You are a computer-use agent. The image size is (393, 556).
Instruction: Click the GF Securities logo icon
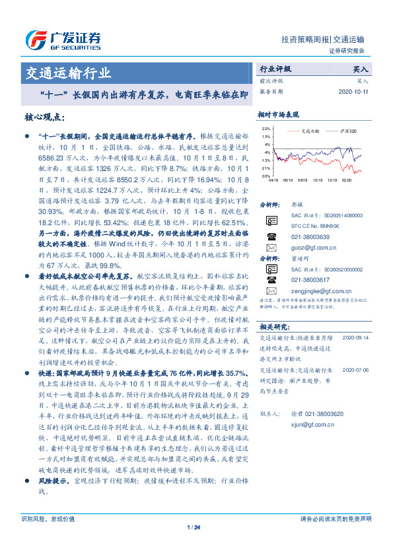pos(35,40)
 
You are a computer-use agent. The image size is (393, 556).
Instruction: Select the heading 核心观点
pos(43,116)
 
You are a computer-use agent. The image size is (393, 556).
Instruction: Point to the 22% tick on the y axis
pos(266,128)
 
